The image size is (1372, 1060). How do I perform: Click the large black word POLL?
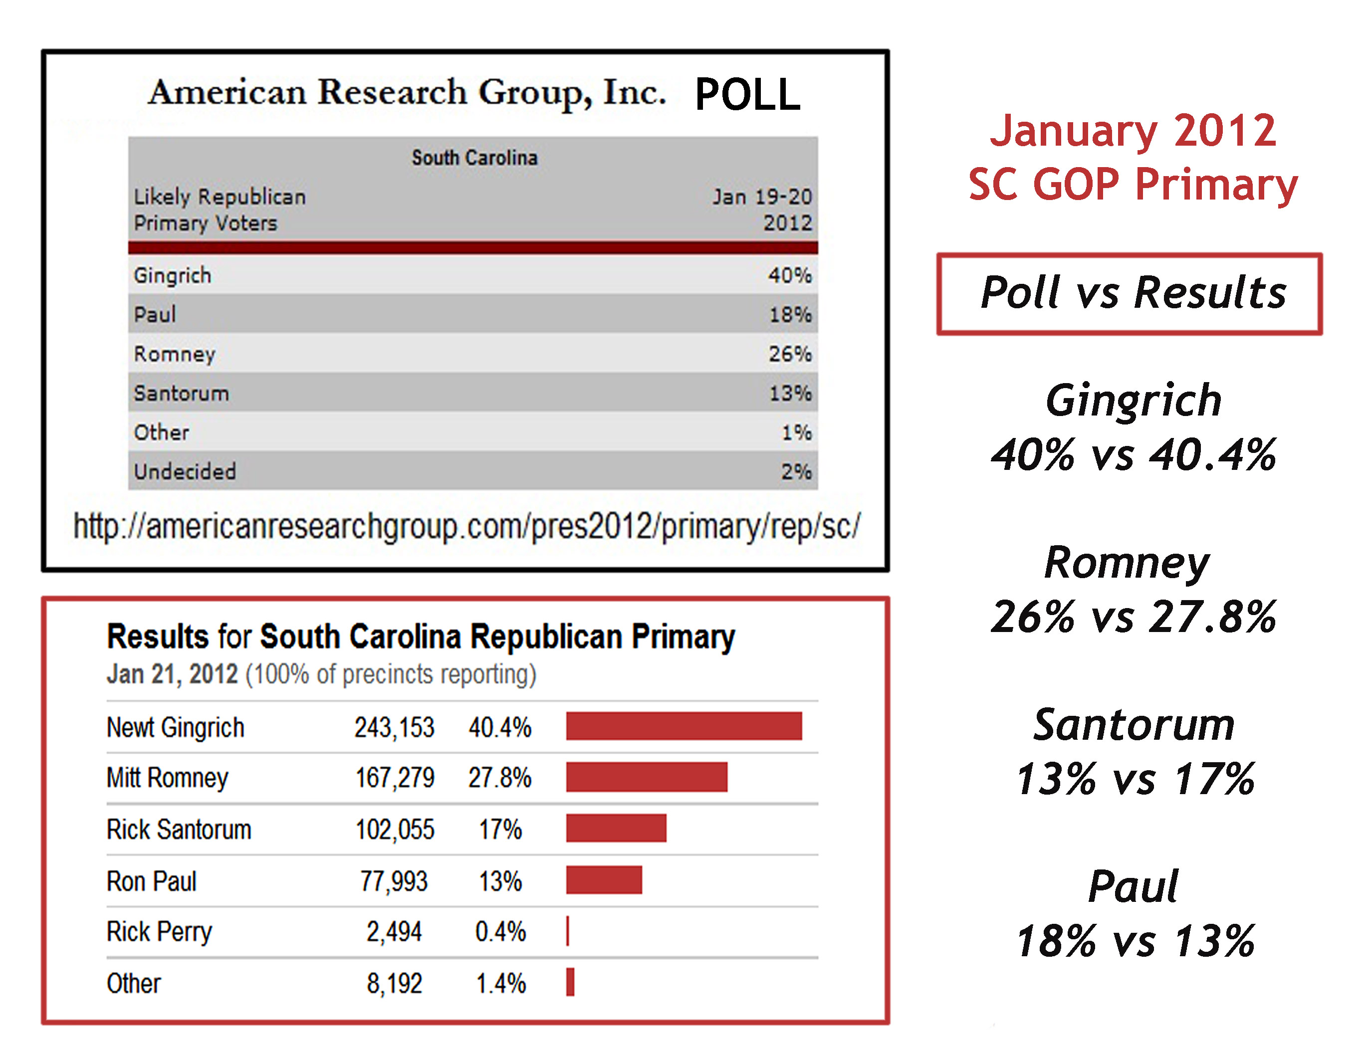click(747, 95)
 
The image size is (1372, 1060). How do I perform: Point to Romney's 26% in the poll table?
click(790, 354)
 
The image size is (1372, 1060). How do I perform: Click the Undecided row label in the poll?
click(185, 471)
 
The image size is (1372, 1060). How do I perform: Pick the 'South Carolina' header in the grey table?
click(474, 158)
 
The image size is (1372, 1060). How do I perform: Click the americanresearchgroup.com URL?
click(466, 526)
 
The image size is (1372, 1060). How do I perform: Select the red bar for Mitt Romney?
click(647, 778)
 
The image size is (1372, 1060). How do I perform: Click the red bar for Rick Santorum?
click(616, 828)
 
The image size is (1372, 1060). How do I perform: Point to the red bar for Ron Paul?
click(604, 880)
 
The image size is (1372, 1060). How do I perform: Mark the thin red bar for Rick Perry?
click(568, 931)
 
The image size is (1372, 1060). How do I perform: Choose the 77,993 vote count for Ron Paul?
click(394, 881)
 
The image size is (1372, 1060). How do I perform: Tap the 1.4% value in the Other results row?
click(501, 983)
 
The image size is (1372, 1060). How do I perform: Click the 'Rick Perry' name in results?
click(159, 932)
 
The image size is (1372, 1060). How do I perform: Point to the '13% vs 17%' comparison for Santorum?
click(1135, 779)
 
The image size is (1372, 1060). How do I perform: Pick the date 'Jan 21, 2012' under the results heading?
click(172, 674)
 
